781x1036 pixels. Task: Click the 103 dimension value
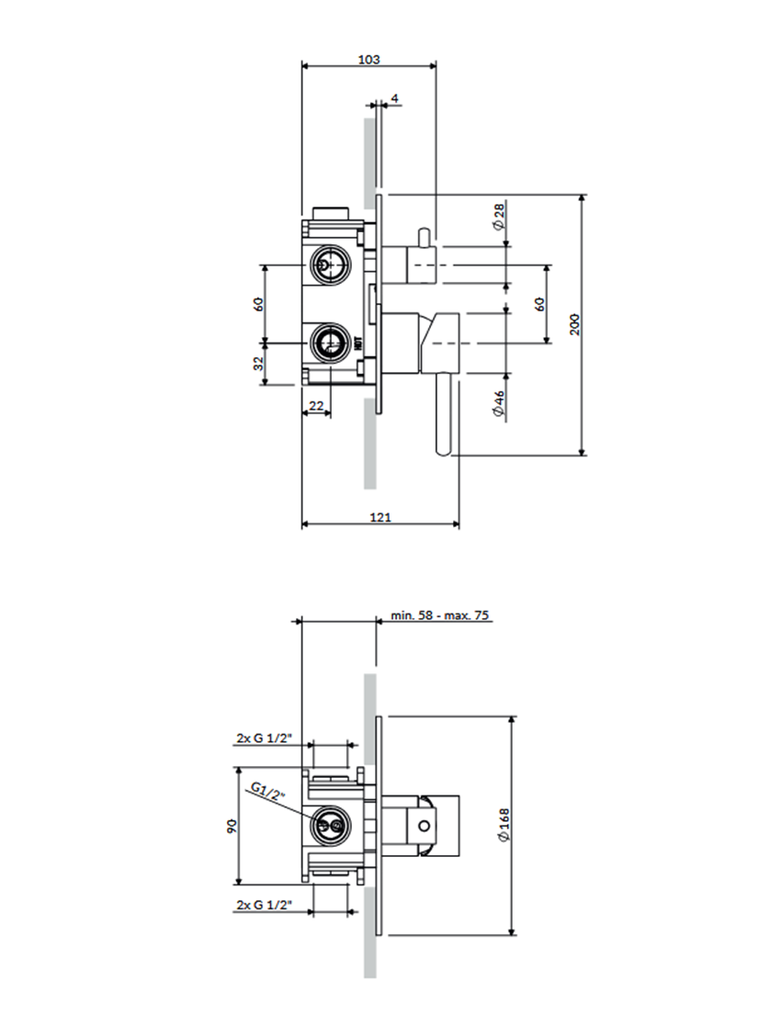(368, 59)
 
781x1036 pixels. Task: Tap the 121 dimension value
(380, 518)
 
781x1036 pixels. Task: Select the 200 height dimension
(574, 325)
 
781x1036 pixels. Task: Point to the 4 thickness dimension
(394, 97)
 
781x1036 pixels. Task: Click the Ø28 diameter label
(498, 218)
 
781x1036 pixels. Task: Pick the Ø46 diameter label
(498, 405)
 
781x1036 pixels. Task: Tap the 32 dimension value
(259, 363)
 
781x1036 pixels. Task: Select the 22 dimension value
(316, 405)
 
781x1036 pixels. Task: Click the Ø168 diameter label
(504, 825)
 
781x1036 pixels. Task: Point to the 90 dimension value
(232, 828)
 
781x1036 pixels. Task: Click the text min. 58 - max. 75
(439, 615)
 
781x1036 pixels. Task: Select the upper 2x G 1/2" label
(264, 738)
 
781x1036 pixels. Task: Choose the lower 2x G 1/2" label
(264, 906)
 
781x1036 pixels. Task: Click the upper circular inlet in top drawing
(328, 265)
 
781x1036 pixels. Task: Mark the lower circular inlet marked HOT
(328, 343)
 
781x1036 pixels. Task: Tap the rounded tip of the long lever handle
(444, 450)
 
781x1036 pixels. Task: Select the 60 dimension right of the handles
(539, 304)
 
